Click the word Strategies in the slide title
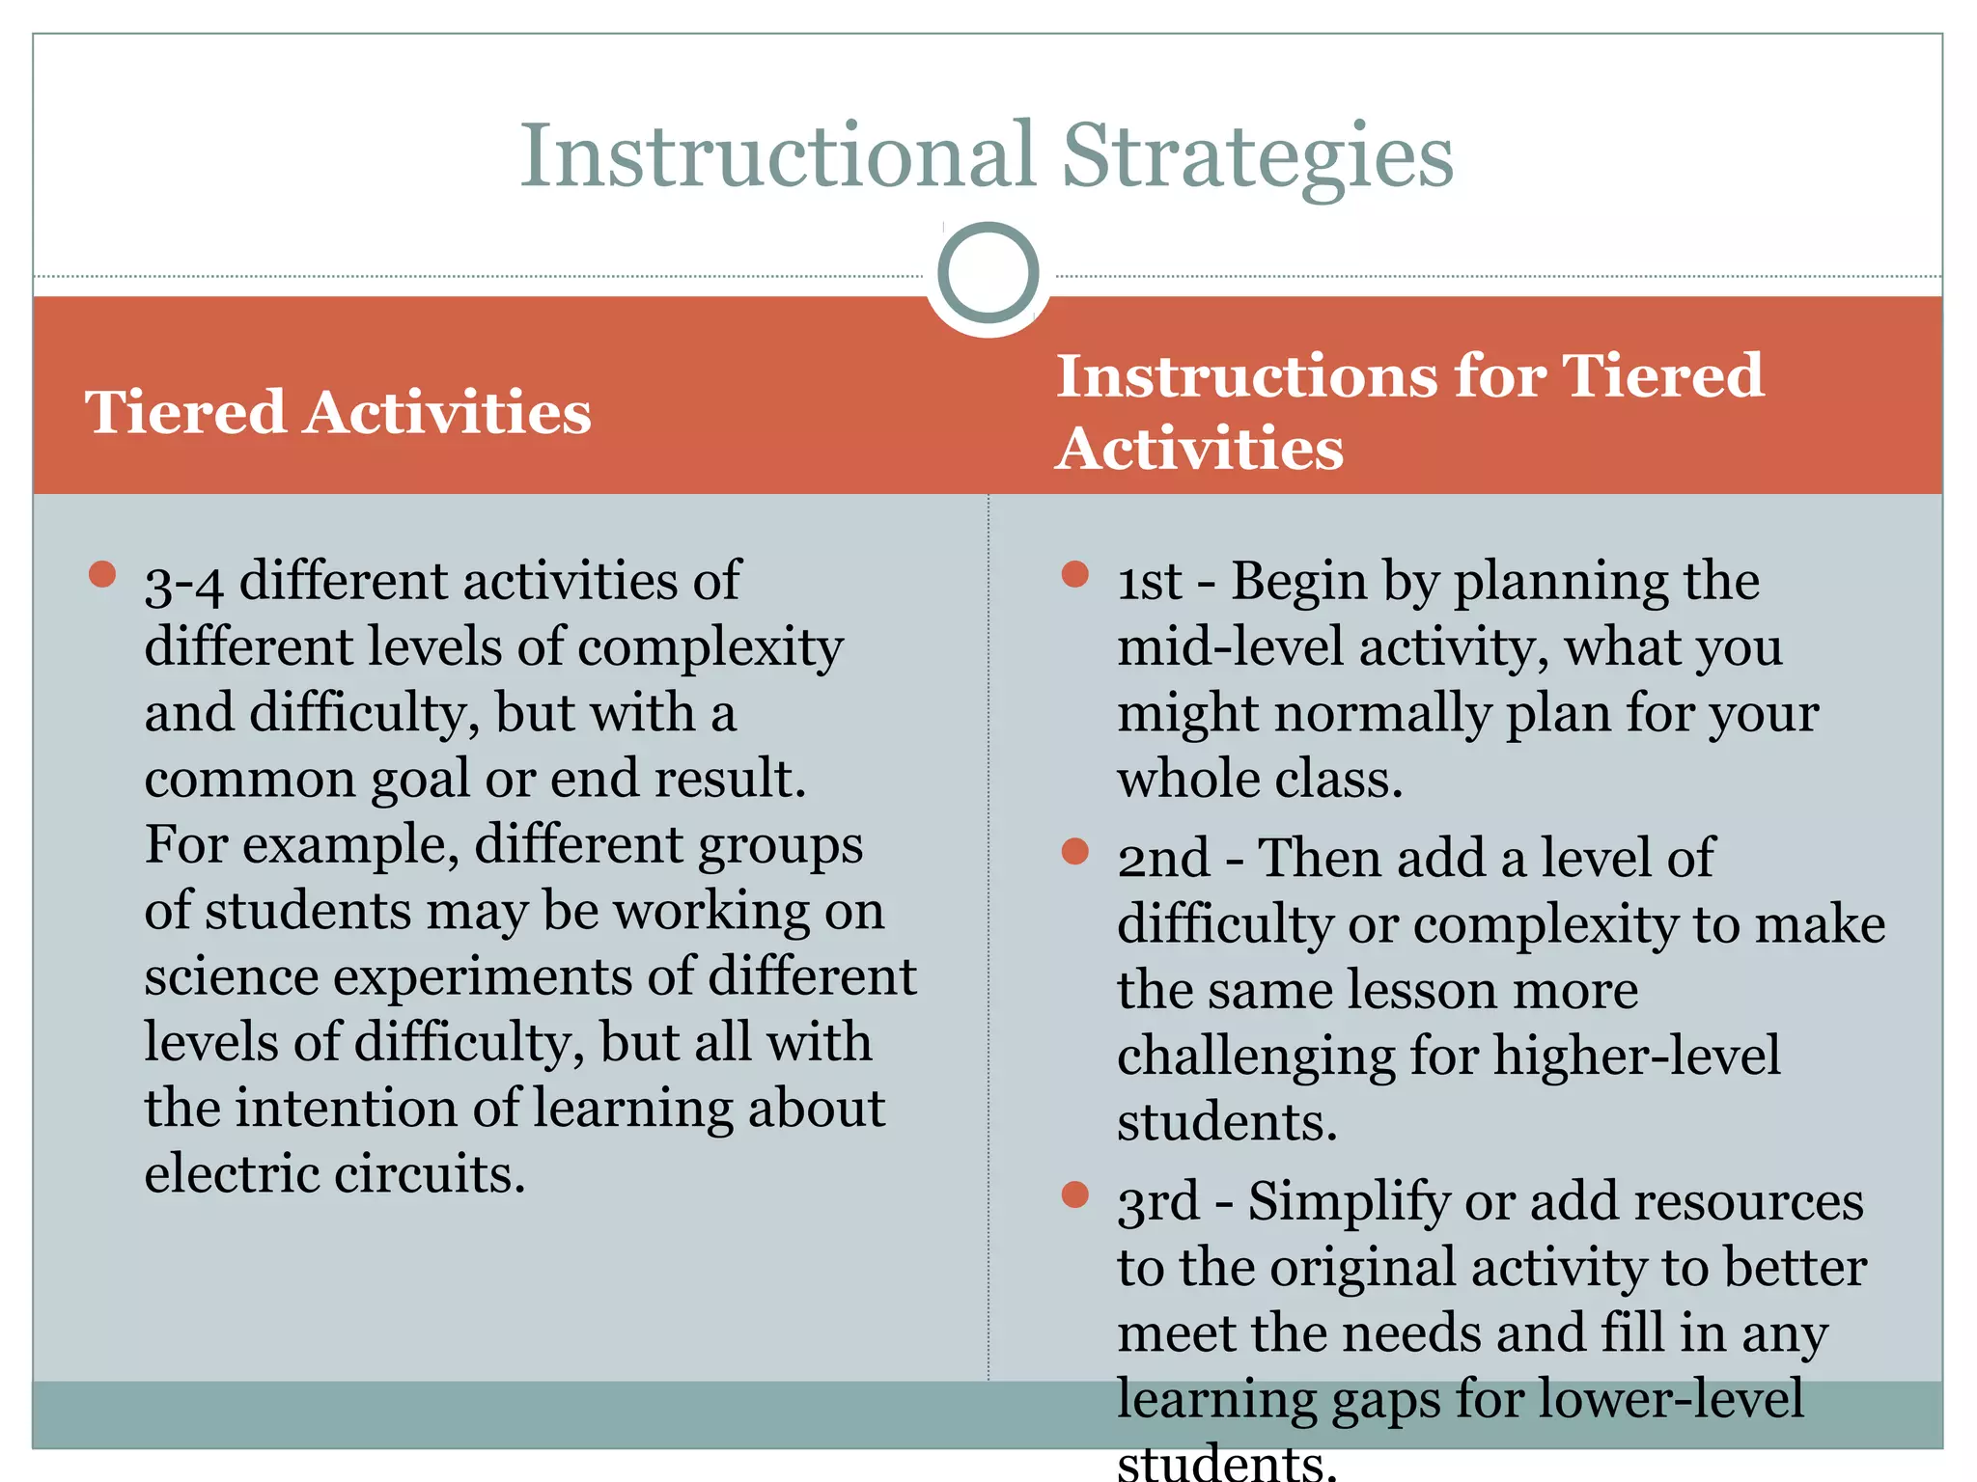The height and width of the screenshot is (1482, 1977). click(x=1257, y=156)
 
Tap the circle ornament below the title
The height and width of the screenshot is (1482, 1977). click(x=988, y=273)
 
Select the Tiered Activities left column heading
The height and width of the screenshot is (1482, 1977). click(x=338, y=413)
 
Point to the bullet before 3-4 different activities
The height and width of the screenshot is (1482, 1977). click(x=102, y=575)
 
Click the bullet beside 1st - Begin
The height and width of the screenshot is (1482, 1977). click(x=1074, y=575)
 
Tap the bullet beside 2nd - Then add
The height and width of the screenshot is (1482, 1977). click(x=1074, y=851)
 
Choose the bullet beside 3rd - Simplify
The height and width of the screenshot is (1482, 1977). click(x=1074, y=1194)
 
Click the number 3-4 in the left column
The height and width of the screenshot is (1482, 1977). click(x=183, y=584)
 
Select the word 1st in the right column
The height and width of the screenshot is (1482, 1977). click(x=1149, y=582)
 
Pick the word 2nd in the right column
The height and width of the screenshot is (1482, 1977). click(x=1163, y=858)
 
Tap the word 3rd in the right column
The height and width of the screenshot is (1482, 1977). click(x=1157, y=1202)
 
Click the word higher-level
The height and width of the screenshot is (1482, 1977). click(x=1636, y=1056)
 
